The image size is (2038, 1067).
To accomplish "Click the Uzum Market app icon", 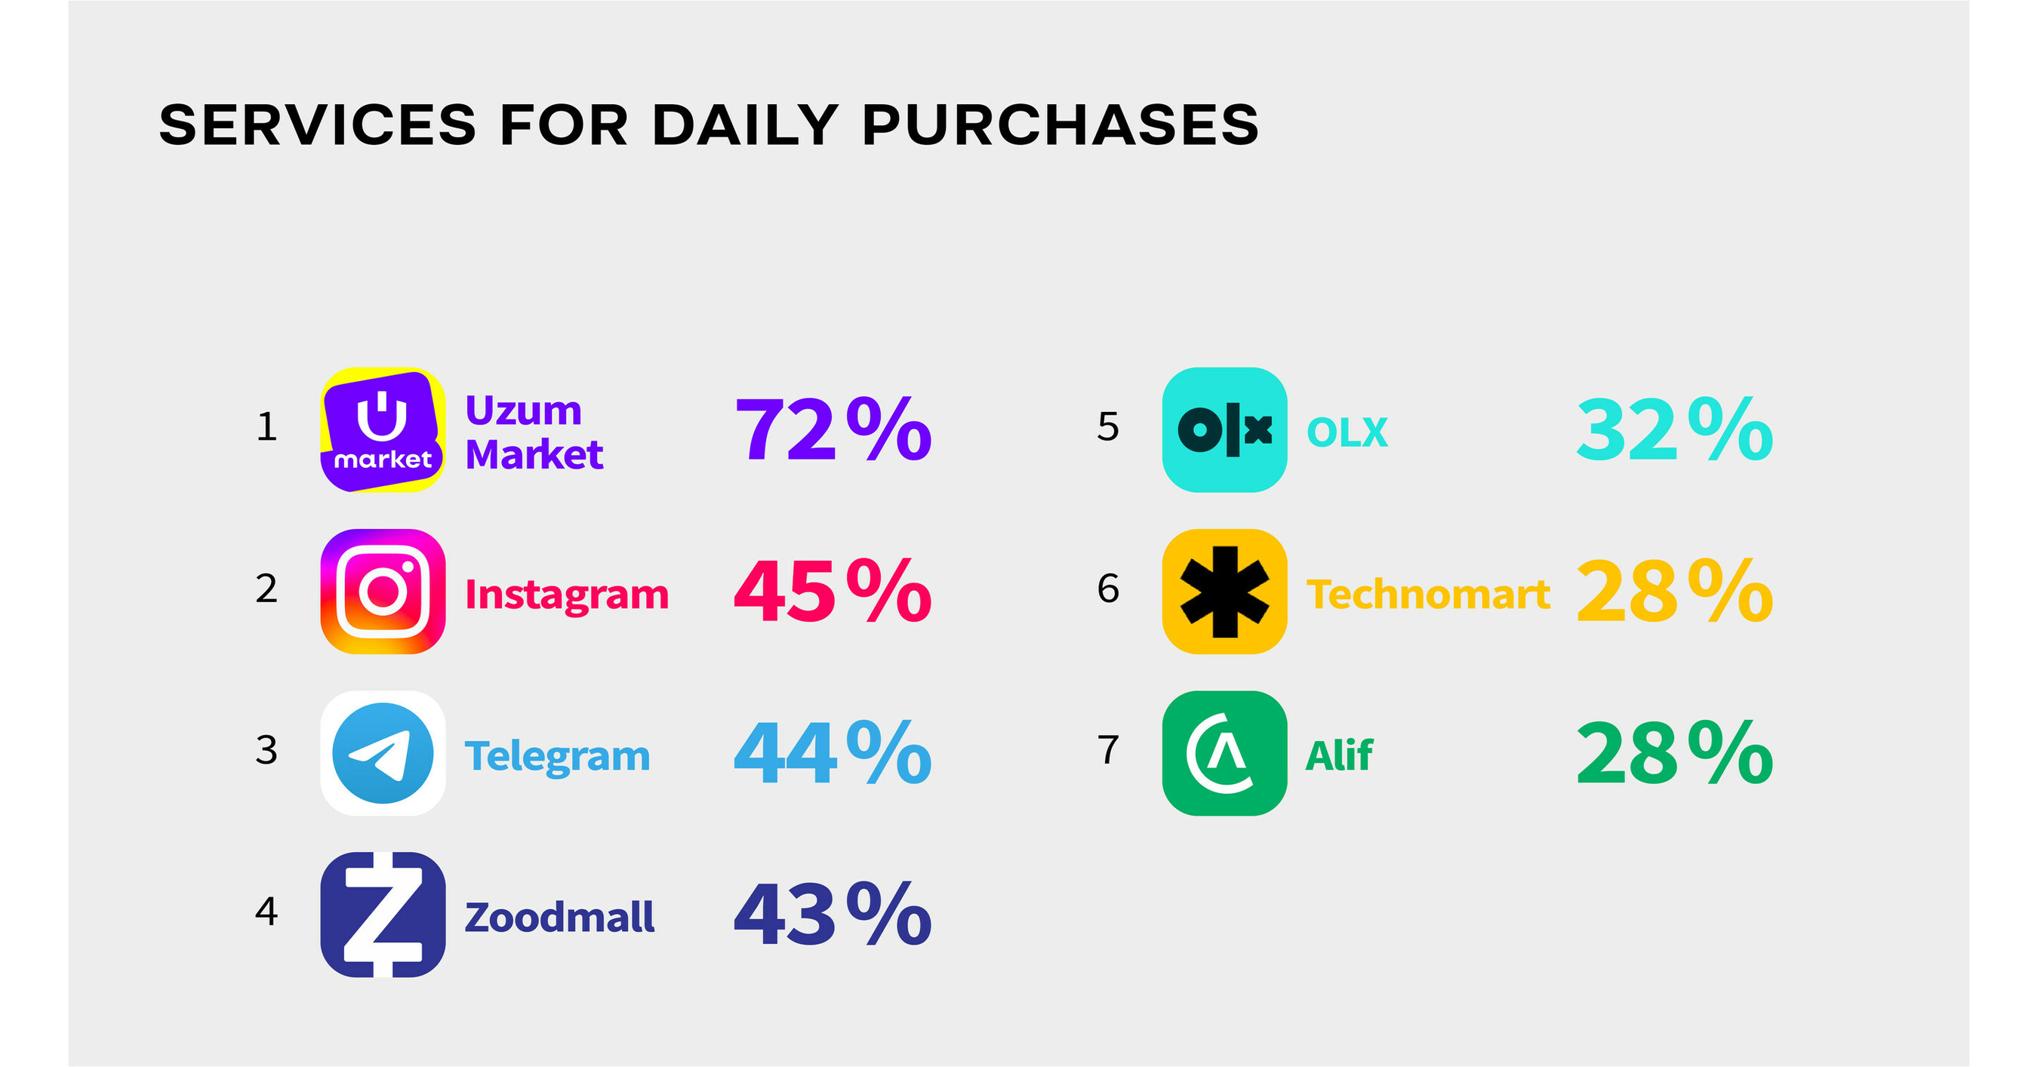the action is click(383, 429).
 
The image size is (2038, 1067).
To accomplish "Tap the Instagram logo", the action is click(383, 592).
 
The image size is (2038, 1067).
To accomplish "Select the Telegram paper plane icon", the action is click(383, 753).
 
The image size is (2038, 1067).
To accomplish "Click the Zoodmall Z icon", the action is click(383, 915).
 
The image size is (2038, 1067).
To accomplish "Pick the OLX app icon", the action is click(1225, 429).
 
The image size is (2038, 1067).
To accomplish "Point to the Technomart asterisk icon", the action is click(1225, 592).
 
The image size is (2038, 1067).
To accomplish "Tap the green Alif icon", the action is click(1225, 753).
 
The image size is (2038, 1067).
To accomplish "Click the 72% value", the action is click(833, 429).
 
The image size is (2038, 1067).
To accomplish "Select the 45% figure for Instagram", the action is click(833, 591).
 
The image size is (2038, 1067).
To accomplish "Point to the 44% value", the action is click(833, 752).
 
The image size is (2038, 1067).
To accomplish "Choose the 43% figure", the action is click(833, 915).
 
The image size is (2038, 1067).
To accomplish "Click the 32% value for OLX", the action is click(1675, 429).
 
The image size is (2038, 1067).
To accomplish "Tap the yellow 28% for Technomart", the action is click(1675, 591).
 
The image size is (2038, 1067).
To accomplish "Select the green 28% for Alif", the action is click(1675, 752).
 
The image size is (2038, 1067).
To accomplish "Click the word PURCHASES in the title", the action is click(1061, 125).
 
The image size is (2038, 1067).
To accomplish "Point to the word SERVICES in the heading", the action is click(318, 125).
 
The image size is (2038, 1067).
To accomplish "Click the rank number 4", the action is click(266, 912).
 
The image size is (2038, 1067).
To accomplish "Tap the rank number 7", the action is click(1108, 750).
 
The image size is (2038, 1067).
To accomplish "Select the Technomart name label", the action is click(1428, 594).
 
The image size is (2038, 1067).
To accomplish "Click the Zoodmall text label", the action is click(559, 918).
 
